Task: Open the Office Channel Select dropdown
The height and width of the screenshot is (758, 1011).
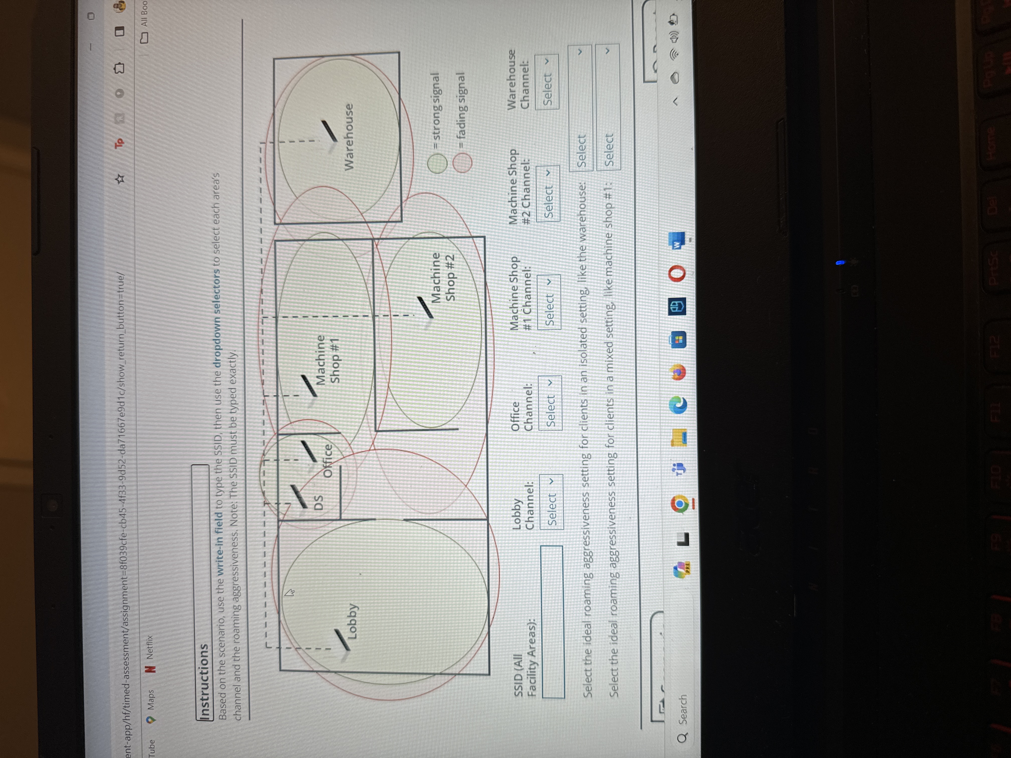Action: pos(550,403)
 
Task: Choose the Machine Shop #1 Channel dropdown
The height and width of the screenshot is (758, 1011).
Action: pos(549,302)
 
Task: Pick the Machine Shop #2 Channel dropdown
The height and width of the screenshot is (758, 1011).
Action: pos(548,193)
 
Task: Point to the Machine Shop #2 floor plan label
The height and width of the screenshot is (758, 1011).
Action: pos(443,277)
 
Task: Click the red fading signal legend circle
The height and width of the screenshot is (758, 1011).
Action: pos(463,162)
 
